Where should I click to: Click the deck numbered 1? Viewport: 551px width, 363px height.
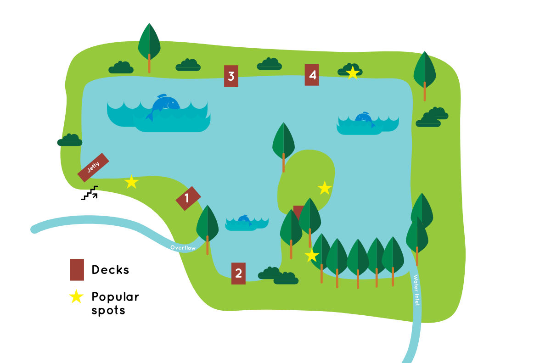pos(188,198)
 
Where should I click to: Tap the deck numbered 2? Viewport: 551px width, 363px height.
pos(238,273)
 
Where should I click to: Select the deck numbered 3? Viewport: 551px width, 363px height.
pos(231,76)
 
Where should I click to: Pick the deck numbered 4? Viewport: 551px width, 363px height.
pos(312,75)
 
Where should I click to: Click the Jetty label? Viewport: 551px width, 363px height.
pos(93,167)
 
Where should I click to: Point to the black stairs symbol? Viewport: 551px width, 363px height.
pos(90,193)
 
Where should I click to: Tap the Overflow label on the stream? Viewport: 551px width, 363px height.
pos(183,248)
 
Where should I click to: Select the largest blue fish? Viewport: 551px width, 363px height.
pos(165,105)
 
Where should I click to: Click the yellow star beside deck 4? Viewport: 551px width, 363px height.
pos(352,73)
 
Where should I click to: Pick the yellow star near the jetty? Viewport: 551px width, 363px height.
pos(131,182)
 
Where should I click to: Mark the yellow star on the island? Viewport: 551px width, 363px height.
pos(325,188)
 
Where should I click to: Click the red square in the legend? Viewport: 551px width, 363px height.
pos(77,269)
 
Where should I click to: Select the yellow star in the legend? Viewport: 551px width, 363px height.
pos(76,297)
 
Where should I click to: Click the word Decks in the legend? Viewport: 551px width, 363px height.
pos(110,269)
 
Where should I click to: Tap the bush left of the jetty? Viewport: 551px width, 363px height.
pos(70,140)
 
